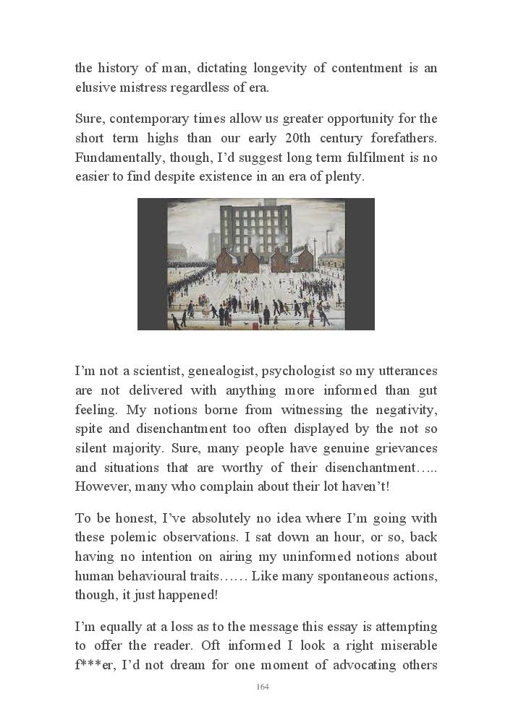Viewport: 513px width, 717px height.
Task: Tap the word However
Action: tap(101, 486)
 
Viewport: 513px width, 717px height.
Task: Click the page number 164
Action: tap(263, 687)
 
